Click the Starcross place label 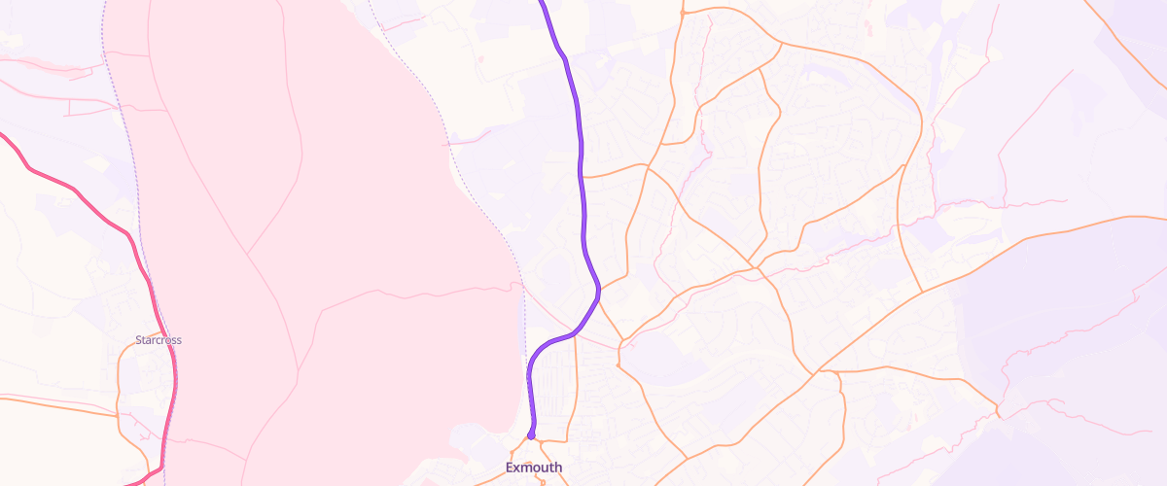159,340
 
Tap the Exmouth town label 534,468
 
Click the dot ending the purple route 531,435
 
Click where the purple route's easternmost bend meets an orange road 598,288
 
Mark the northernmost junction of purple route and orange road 582,176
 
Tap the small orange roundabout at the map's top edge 684,13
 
